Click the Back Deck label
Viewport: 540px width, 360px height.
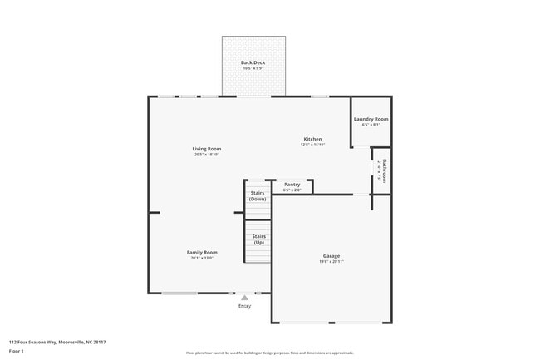253,62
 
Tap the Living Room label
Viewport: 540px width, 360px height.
207,149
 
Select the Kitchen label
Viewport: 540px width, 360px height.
312,139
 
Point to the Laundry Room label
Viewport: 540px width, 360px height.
371,119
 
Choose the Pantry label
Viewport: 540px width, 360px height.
292,185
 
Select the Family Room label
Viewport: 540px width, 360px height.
202,252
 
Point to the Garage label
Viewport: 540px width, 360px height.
331,255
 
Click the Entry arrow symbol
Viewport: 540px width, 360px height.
244,297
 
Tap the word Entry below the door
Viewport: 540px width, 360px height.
244,306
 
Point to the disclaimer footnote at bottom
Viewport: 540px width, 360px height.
269,353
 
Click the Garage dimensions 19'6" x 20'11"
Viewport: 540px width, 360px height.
331,262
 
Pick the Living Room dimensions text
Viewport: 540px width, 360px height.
207,155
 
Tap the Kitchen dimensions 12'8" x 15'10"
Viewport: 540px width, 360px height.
312,145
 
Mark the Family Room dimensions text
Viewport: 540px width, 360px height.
202,258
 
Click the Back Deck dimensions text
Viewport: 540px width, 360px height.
253,68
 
